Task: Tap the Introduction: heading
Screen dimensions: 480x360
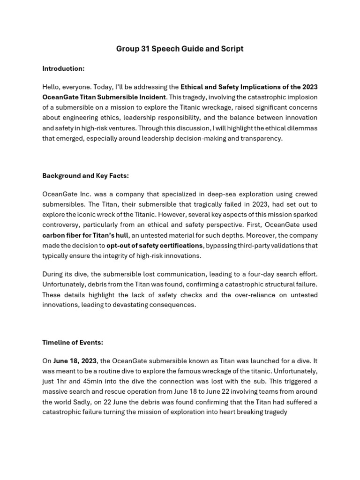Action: click(x=63, y=68)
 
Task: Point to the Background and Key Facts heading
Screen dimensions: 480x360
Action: click(x=85, y=176)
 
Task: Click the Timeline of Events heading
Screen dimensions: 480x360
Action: click(x=73, y=342)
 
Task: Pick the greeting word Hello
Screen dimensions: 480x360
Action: click(x=52, y=87)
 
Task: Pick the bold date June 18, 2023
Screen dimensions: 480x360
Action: click(x=75, y=360)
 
